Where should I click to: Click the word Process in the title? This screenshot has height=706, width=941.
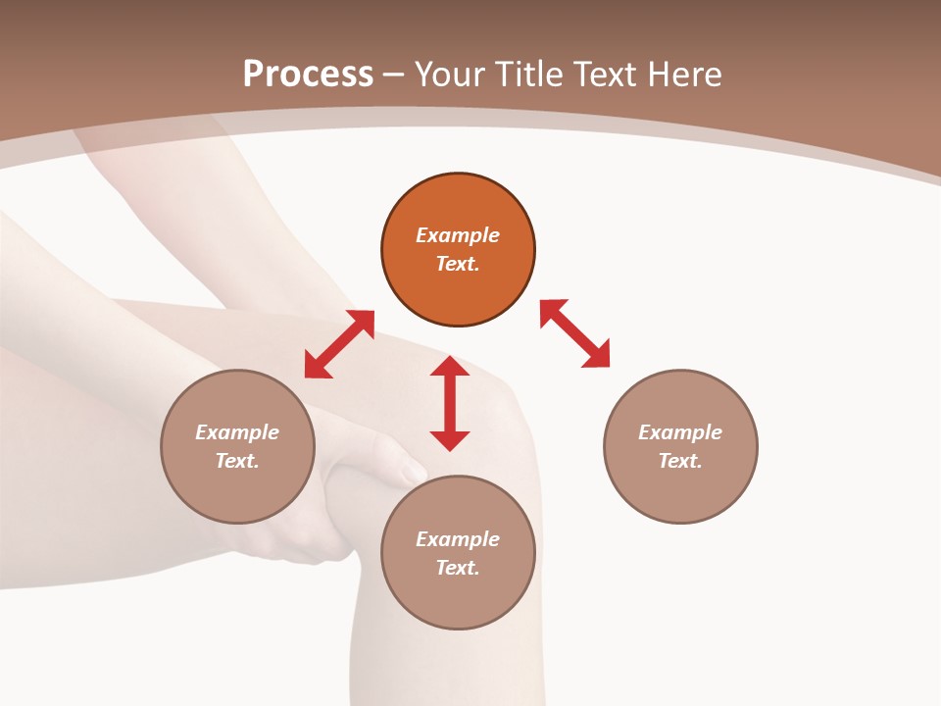pos(308,75)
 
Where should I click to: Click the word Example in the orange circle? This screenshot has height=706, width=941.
pos(458,235)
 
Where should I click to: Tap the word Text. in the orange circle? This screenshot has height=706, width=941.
pos(458,264)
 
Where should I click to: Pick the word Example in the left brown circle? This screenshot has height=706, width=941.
pos(237,432)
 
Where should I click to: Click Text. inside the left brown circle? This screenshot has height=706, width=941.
pos(237,461)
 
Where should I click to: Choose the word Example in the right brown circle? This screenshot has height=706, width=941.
pos(680,432)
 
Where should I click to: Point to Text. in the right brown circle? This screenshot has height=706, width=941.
pos(680,461)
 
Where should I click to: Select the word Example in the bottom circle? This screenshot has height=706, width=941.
pos(458,539)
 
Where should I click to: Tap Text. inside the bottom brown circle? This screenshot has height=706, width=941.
pos(458,568)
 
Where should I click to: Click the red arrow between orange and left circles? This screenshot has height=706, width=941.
pos(339,344)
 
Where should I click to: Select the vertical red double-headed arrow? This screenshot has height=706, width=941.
pos(450,403)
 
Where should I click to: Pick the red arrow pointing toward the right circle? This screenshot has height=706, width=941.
pos(575,334)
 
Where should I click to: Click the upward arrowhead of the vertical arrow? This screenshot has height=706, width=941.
pos(450,367)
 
